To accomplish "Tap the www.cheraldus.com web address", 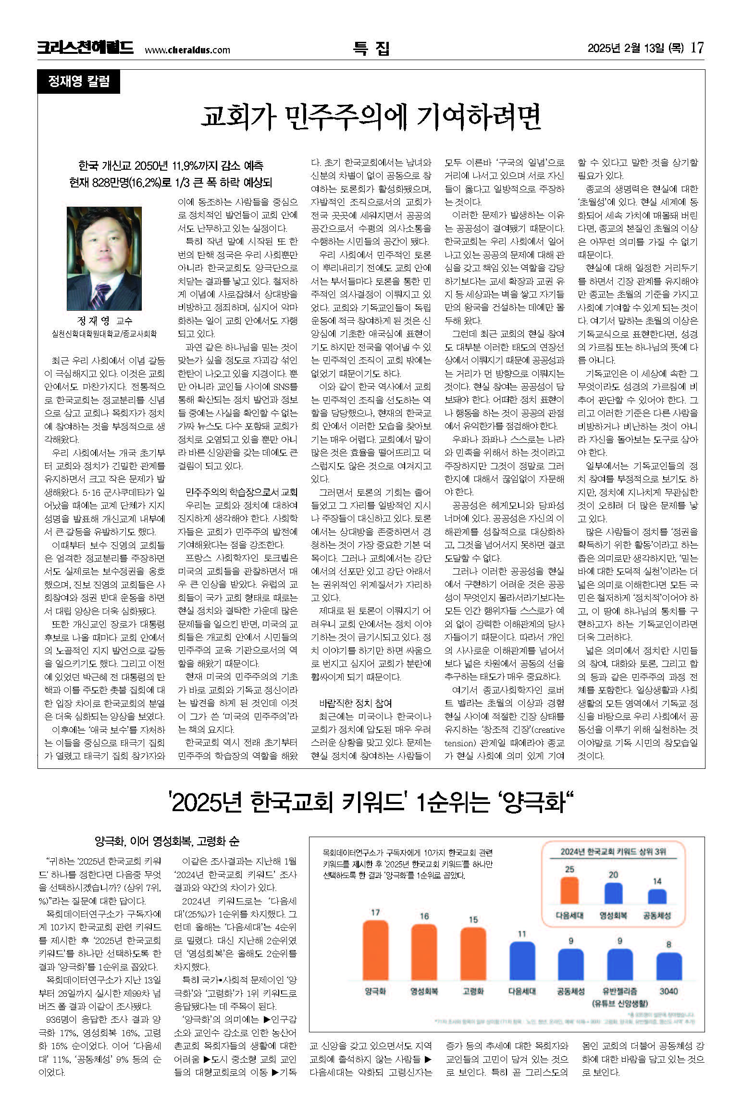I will coord(187,50).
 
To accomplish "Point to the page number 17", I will coord(697,48).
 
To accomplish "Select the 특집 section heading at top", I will coord(371,48).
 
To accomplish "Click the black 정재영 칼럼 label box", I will coord(79,81).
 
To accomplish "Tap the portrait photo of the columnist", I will coord(104,258).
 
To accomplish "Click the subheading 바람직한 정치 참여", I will coord(355,703).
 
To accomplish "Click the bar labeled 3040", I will coord(668,966).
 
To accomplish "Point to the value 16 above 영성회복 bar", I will coord(424,916).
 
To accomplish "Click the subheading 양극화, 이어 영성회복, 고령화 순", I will coord(167,841).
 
